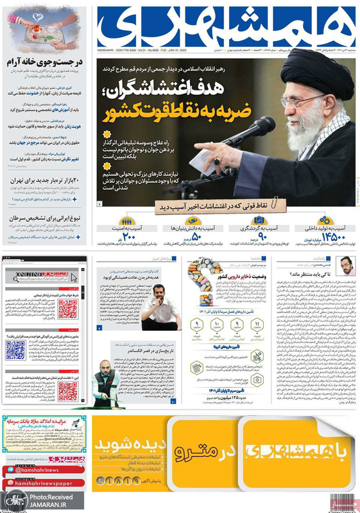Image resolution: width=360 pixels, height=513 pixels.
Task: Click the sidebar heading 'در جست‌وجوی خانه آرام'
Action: tap(45, 63)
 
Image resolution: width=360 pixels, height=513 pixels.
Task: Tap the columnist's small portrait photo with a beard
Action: tap(347, 265)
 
